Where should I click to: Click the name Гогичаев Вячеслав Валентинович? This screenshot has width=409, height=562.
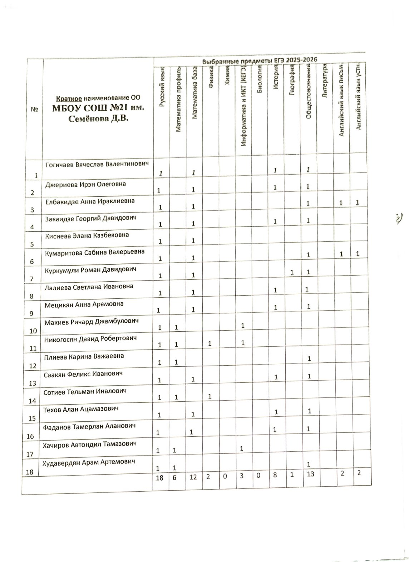[97, 164]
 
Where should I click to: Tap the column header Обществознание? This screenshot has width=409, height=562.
[309, 93]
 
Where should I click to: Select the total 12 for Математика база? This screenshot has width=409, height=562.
[193, 477]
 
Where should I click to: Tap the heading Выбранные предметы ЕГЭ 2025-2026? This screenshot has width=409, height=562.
[260, 60]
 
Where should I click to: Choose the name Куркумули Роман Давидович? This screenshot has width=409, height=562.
[90, 270]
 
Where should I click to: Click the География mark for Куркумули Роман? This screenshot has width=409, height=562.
[292, 272]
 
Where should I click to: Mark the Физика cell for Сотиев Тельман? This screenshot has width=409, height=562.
[210, 396]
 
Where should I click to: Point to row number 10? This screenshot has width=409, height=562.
[33, 331]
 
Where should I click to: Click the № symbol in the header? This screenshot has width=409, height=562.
[35, 110]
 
